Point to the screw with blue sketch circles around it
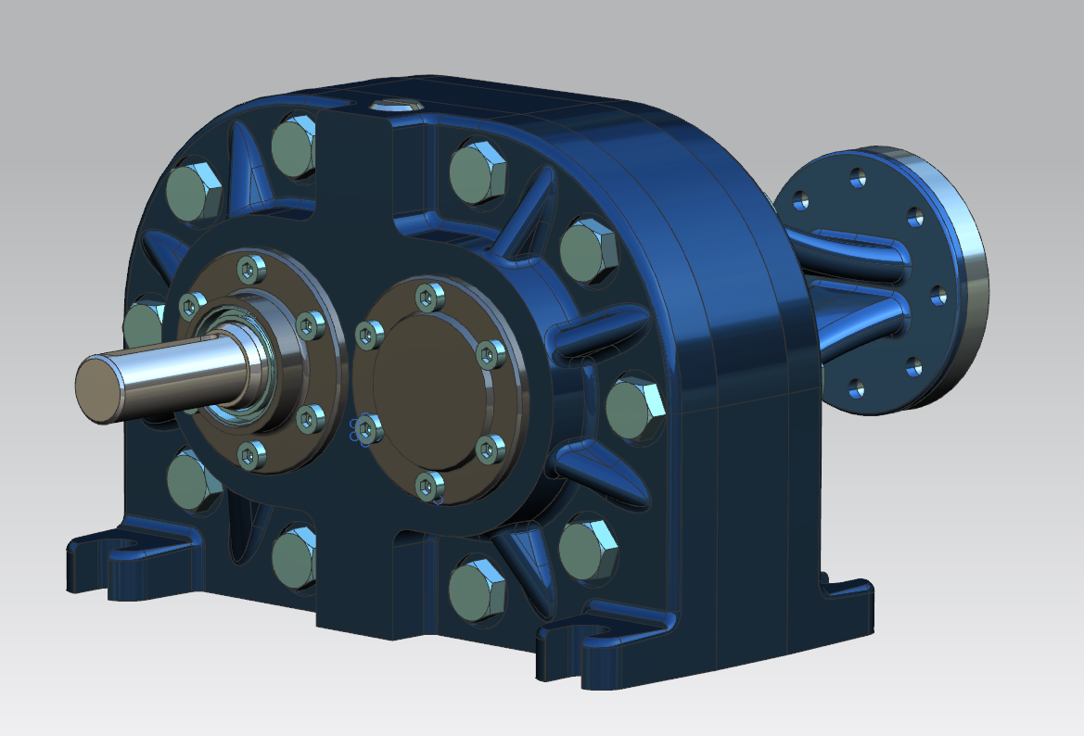tap(368, 427)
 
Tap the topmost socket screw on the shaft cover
tap(249, 269)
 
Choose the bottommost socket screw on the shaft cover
tap(249, 453)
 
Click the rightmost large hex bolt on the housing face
tap(636, 406)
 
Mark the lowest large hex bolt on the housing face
tap(478, 588)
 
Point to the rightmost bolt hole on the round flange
tap(938, 297)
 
